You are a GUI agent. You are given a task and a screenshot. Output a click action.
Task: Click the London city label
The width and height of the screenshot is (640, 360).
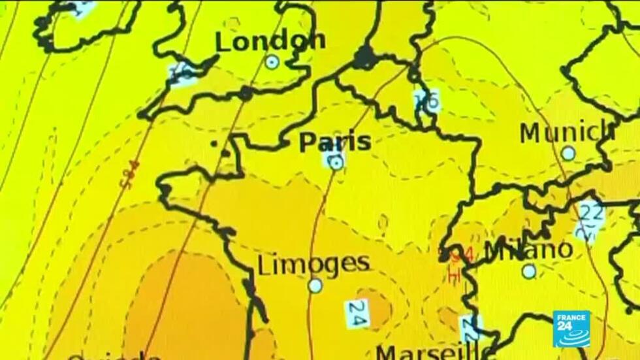coord(270,42)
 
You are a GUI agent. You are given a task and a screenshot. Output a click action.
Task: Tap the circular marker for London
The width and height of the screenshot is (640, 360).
coord(272,62)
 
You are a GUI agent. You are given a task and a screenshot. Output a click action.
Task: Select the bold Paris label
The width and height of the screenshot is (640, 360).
coord(335,142)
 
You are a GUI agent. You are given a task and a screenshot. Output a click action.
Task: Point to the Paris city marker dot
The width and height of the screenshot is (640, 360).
coord(336,163)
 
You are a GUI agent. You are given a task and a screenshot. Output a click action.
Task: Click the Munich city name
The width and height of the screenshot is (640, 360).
coord(567,133)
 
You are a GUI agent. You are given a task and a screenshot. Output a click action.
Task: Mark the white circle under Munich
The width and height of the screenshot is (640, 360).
coord(568,153)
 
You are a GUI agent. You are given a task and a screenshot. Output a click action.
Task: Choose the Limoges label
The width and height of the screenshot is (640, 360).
coord(313,264)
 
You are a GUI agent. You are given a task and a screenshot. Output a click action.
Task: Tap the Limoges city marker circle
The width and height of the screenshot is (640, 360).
coord(315,286)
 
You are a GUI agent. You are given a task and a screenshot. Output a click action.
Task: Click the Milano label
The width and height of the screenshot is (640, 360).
coord(529,249)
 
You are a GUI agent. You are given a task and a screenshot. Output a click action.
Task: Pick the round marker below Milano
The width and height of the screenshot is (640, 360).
coord(529,270)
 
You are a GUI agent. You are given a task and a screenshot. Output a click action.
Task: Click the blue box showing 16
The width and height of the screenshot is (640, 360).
coord(427,100)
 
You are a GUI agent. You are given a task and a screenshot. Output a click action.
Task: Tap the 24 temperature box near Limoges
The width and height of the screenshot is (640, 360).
coord(357,314)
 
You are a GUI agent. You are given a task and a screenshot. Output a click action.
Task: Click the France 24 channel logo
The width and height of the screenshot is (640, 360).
coord(571,329)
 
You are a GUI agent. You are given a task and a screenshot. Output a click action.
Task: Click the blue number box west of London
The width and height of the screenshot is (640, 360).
coord(184,72)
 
